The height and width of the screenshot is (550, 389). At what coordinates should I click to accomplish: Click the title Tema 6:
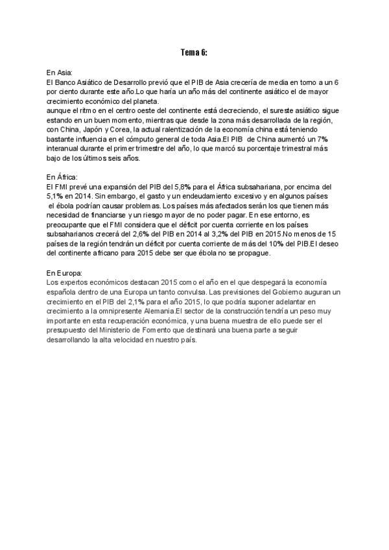[194, 52]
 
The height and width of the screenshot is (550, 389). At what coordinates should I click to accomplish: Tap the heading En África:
[62, 176]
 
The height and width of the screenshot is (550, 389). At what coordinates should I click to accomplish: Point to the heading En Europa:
[64, 274]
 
